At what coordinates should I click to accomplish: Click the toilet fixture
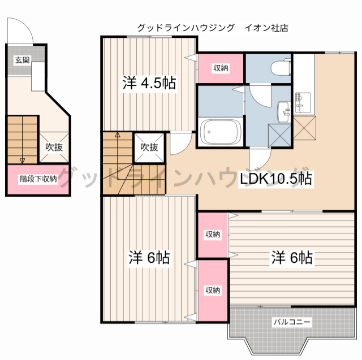pyautogui.click(x=281, y=67)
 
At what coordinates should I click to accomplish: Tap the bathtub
pyautogui.click(x=221, y=132)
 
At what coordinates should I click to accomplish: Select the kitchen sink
pyautogui.click(x=303, y=103)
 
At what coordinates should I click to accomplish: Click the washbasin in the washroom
pyautogui.click(x=284, y=112)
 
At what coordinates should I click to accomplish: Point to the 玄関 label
pyautogui.click(x=22, y=60)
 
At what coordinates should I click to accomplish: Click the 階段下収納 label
pyautogui.click(x=38, y=179)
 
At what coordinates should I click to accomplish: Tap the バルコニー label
pyautogui.click(x=292, y=322)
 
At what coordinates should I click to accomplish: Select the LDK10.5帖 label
pyautogui.click(x=276, y=179)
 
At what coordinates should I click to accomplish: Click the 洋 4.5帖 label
pyautogui.click(x=149, y=83)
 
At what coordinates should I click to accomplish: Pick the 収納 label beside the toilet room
pyautogui.click(x=221, y=68)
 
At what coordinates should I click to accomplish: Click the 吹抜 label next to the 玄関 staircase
pyautogui.click(x=54, y=147)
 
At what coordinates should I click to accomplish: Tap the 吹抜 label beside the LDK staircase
pyautogui.click(x=149, y=147)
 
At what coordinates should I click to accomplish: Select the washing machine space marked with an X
pyautogui.click(x=279, y=136)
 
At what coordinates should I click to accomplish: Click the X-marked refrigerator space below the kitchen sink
pyautogui.click(x=304, y=128)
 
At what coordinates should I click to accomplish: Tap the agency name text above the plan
pyautogui.click(x=213, y=28)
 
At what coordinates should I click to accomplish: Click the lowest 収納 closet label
pyautogui.click(x=213, y=290)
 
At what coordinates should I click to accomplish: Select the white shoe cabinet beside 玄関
pyautogui.click(x=38, y=76)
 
